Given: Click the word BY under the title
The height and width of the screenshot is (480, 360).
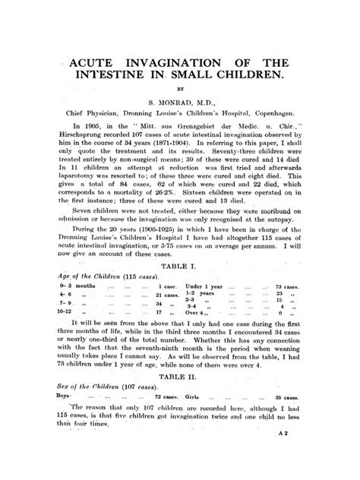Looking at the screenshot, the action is [181, 93].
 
